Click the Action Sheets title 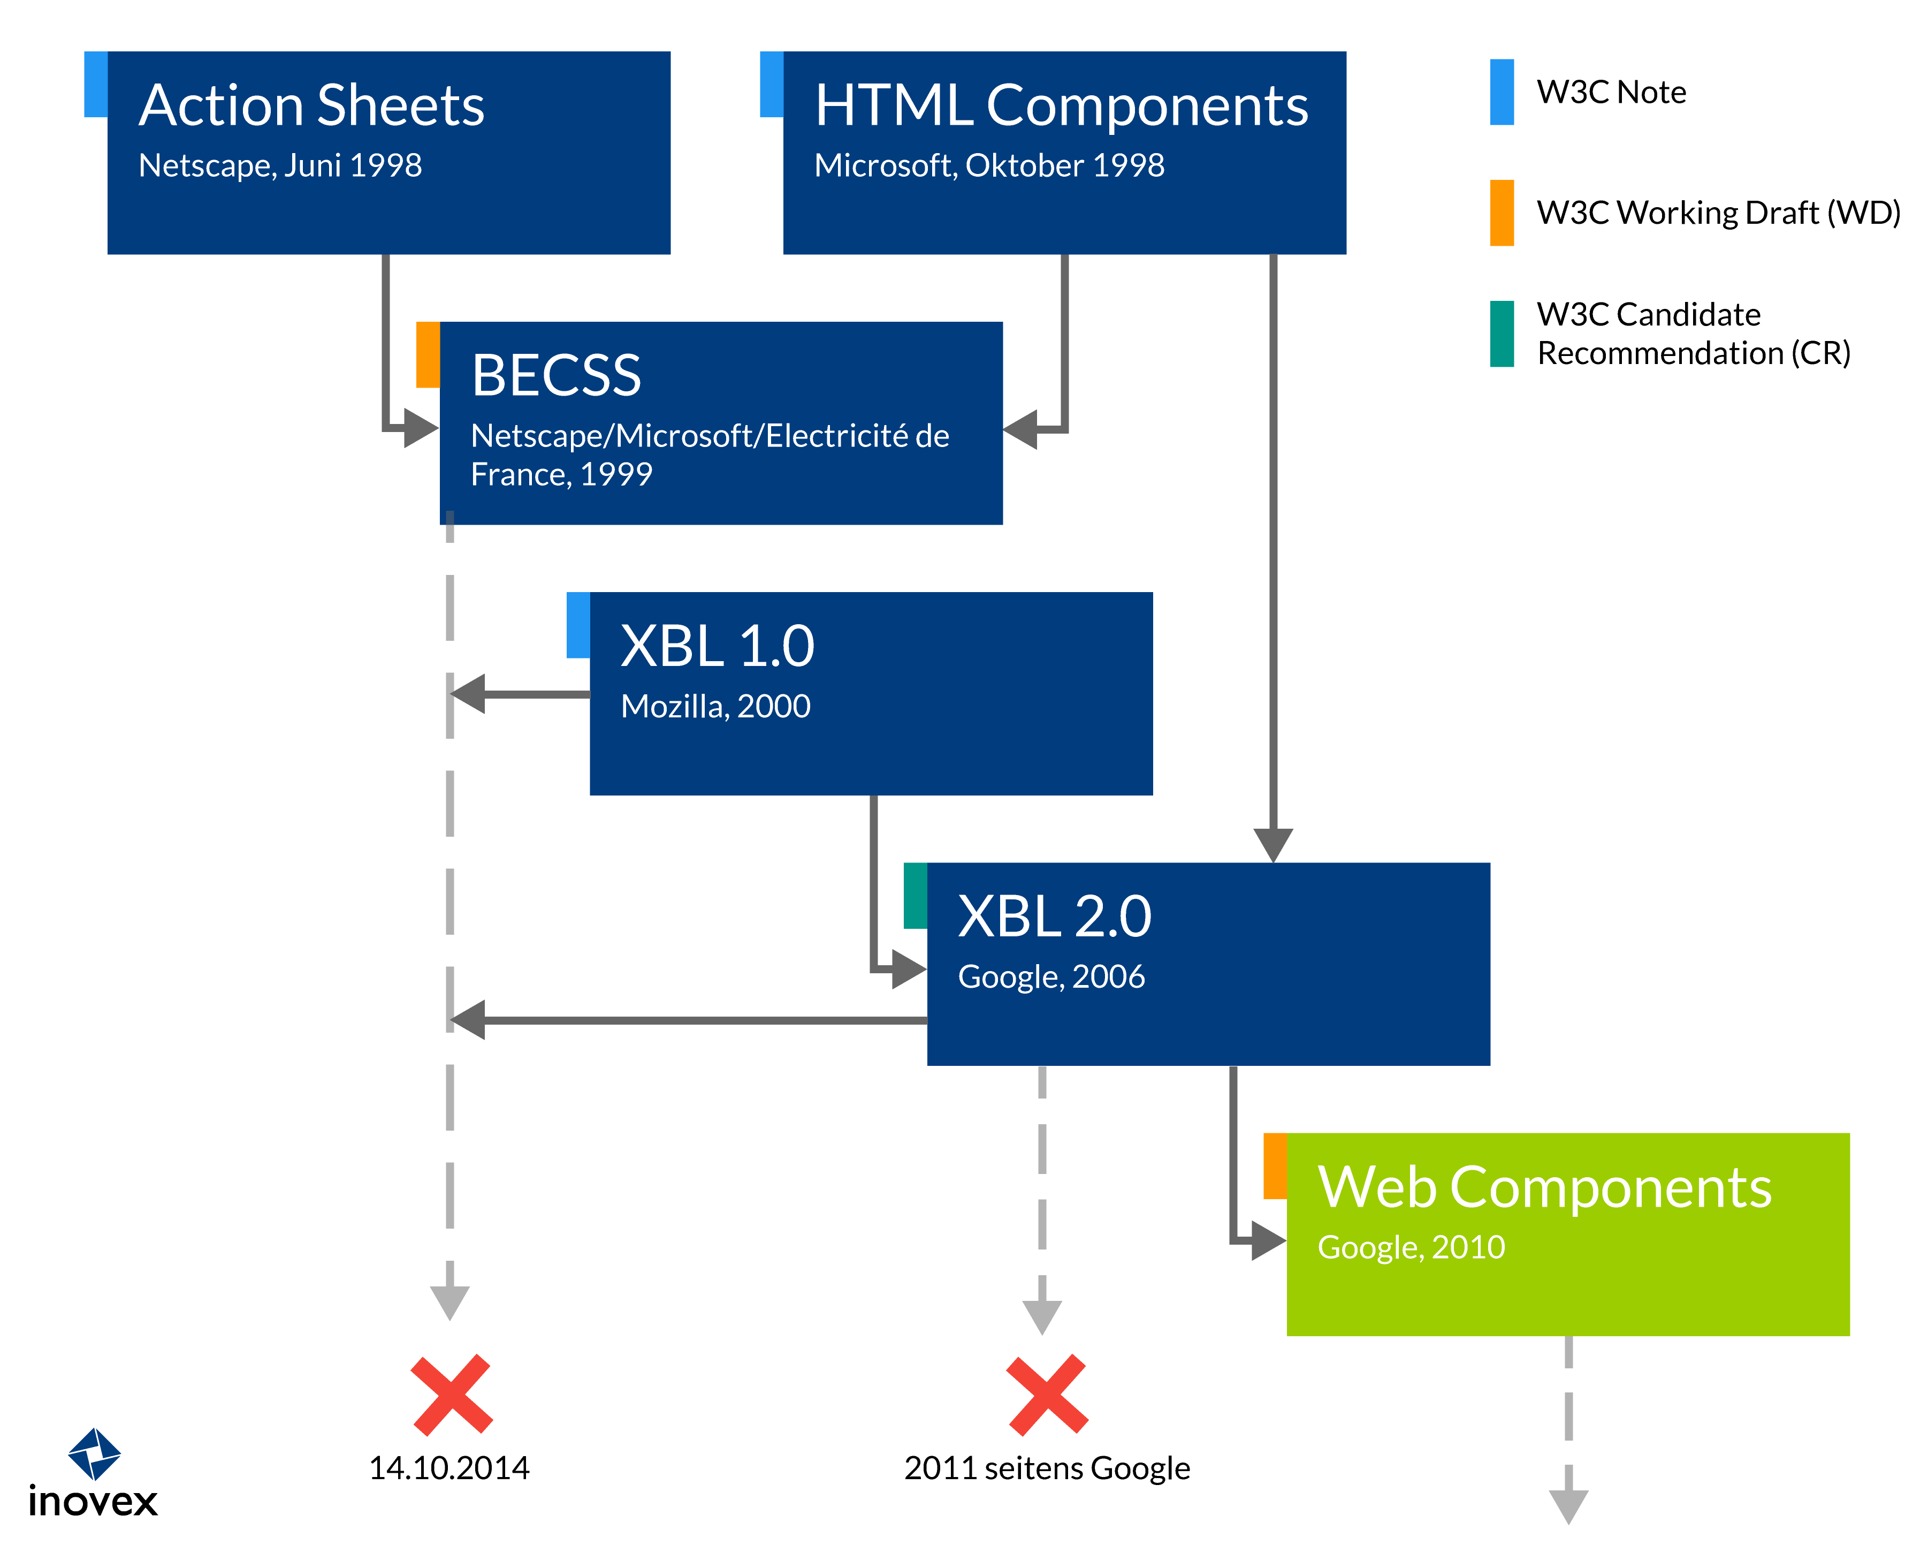(311, 105)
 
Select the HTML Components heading (1062, 105)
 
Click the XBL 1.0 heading (717, 646)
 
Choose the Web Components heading (1544, 1187)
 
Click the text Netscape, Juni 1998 (280, 165)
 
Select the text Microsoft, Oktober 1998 (989, 165)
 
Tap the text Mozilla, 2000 (715, 707)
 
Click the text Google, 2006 (1051, 977)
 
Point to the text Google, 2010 (1411, 1247)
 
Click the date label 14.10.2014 (449, 1468)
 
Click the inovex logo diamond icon (95, 1454)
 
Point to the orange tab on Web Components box (1275, 1165)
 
